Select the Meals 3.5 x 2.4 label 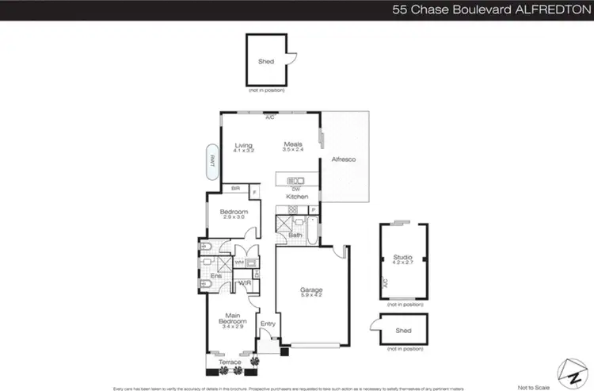tap(293, 147)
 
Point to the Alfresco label tap(343, 160)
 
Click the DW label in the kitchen tap(295, 189)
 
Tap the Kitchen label tap(297, 196)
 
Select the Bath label tap(295, 235)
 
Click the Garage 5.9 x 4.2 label tap(310, 293)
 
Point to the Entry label tap(268, 323)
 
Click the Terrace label tap(231, 362)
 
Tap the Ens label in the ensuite tap(215, 275)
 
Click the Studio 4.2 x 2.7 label tap(403, 259)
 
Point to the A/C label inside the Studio tap(383, 282)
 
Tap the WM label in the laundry tap(239, 262)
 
